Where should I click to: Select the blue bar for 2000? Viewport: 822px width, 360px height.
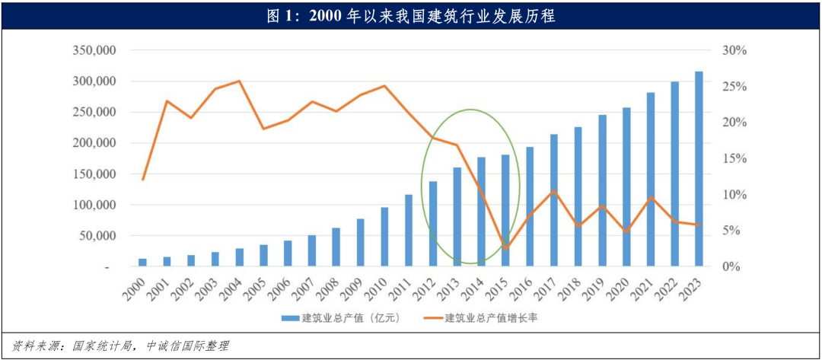click(x=142, y=263)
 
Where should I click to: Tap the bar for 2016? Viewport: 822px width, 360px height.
click(x=530, y=206)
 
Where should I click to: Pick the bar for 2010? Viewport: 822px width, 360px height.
click(x=384, y=237)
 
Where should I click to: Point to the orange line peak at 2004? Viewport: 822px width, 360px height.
click(x=239, y=81)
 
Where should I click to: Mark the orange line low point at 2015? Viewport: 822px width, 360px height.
click(x=505, y=248)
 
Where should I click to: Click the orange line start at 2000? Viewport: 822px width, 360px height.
click(x=142, y=180)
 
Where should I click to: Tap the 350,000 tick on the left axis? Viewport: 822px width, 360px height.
click(x=94, y=50)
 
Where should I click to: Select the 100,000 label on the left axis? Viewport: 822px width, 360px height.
click(x=94, y=205)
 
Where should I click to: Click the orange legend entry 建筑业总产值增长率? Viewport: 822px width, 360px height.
click(x=491, y=317)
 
